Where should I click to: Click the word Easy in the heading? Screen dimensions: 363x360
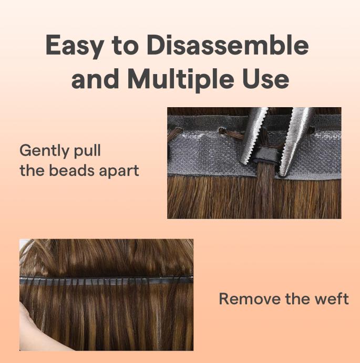[x=74, y=46]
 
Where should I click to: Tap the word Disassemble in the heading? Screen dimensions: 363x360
[x=227, y=46]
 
